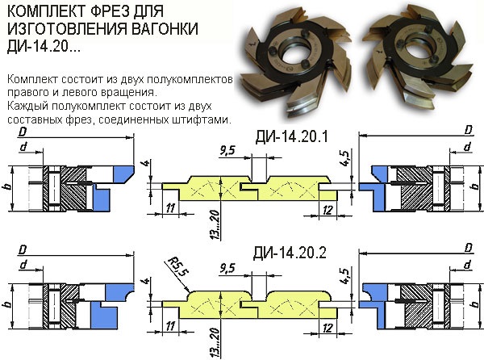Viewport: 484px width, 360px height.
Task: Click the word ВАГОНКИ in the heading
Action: (165, 29)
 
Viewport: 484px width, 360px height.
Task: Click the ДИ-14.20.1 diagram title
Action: (291, 136)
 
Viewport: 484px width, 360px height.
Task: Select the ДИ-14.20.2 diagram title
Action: (290, 253)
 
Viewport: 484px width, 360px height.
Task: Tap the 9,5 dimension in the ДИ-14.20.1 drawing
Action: (227, 151)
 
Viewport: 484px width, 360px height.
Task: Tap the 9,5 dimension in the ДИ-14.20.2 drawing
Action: (227, 268)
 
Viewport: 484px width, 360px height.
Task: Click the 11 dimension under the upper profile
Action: (170, 208)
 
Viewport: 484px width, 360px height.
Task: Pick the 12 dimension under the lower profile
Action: (328, 328)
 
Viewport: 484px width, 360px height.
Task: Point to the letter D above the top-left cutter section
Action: (23, 132)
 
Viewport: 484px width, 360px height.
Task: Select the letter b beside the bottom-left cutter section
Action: (8, 303)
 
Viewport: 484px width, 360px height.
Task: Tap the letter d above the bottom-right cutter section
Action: (468, 264)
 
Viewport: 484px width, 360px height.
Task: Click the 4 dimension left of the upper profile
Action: (148, 163)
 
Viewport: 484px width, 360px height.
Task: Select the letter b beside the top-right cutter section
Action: (476, 186)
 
